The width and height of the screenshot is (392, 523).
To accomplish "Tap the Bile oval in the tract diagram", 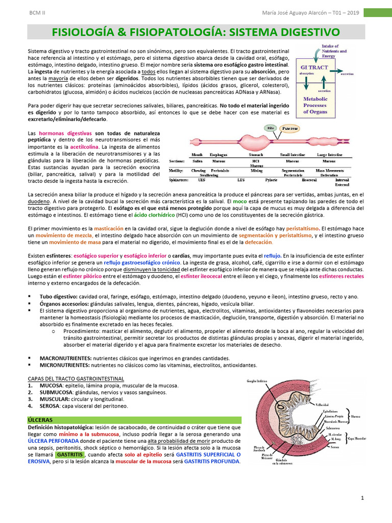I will click(271, 128).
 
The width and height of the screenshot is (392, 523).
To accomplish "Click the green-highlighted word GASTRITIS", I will click(70, 455).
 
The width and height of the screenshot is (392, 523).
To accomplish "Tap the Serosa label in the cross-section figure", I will click(335, 446).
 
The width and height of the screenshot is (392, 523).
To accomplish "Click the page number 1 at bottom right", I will click(362, 498).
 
